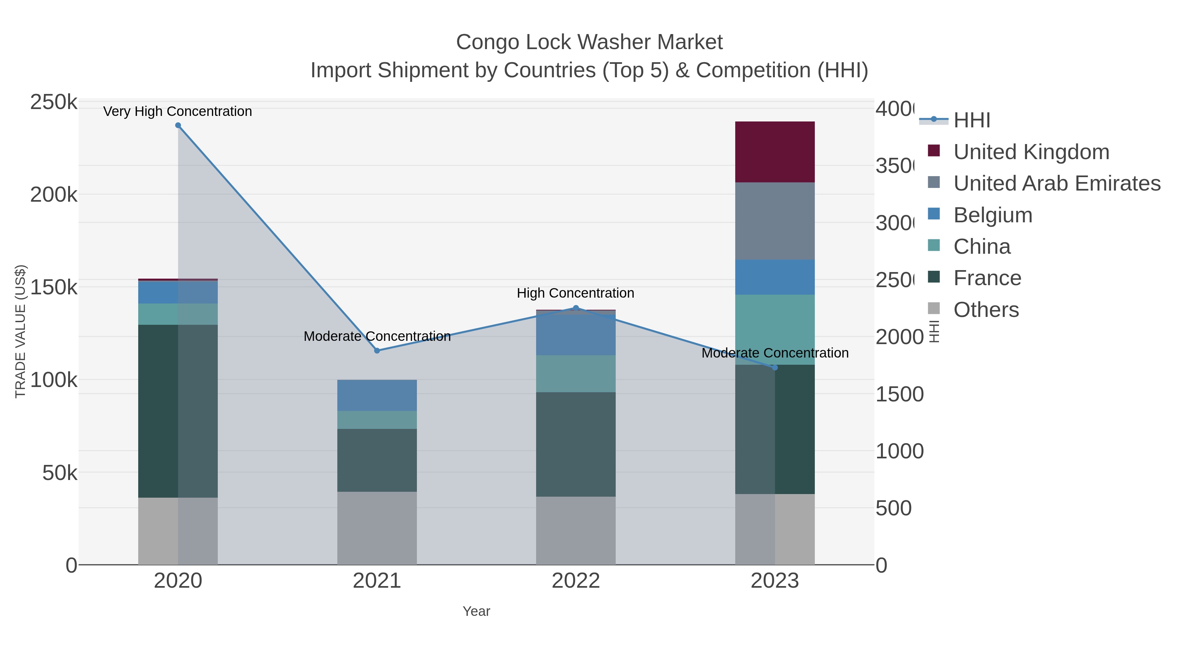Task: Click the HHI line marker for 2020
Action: coord(178,125)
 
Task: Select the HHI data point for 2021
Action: coord(377,350)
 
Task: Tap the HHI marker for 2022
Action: coord(576,308)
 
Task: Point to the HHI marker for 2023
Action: coord(775,367)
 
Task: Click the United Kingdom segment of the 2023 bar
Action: coord(775,152)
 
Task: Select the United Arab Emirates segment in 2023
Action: coord(775,221)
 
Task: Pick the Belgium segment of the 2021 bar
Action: coord(377,395)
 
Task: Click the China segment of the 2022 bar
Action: coord(576,373)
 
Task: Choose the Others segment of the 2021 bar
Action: coord(377,528)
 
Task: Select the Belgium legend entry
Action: coord(992,215)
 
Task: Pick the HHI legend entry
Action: coord(971,120)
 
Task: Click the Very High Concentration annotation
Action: coord(178,111)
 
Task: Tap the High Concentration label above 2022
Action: coord(575,293)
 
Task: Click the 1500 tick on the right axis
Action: coord(899,395)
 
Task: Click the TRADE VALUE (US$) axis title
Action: coord(21,331)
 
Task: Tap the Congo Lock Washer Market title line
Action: coord(589,42)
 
